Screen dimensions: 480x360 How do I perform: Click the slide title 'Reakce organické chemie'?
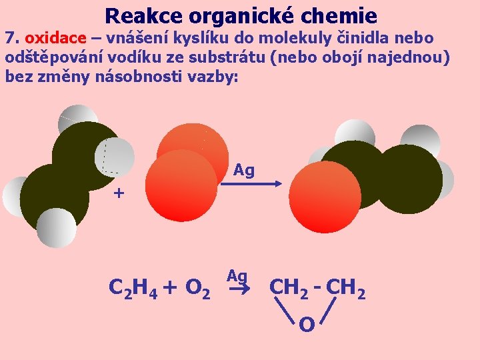tap(241, 15)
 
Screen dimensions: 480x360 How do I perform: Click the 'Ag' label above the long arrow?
tap(244, 171)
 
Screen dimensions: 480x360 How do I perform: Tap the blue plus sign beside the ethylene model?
tap(119, 194)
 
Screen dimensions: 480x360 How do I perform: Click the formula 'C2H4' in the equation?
tap(132, 288)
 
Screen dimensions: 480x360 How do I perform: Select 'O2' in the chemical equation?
tap(199, 288)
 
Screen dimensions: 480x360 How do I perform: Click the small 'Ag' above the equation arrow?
tap(237, 276)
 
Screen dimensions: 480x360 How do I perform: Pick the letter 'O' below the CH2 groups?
tap(307, 325)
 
